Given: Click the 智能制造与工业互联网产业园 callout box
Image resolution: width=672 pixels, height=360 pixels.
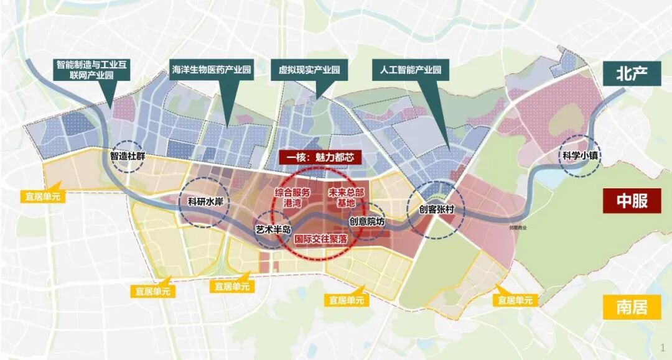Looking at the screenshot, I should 93,70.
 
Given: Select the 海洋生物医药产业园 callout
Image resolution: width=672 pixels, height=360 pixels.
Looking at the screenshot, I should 211,70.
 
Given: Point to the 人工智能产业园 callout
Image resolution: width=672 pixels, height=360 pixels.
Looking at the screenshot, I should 410,70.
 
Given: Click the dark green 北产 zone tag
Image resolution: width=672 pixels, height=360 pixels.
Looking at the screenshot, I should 632,73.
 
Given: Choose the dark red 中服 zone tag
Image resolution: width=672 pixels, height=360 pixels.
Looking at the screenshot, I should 632,202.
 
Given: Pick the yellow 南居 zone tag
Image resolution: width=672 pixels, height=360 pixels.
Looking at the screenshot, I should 632,307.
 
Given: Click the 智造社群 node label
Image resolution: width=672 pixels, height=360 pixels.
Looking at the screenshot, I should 128,157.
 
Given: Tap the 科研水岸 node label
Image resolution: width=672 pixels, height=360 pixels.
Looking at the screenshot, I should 205,201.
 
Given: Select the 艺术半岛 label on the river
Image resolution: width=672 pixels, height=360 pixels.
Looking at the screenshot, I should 274,229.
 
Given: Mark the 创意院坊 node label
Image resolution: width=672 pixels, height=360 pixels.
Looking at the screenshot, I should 367,221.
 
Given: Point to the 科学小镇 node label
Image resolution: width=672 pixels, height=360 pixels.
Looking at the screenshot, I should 579,157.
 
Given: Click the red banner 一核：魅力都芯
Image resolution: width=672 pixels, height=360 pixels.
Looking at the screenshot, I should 320,158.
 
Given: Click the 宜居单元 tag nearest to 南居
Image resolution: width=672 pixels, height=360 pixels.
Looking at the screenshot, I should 515,300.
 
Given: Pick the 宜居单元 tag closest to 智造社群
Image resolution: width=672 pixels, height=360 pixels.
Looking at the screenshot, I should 39,194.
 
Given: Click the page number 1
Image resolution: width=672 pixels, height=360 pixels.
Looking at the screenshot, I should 662,347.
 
